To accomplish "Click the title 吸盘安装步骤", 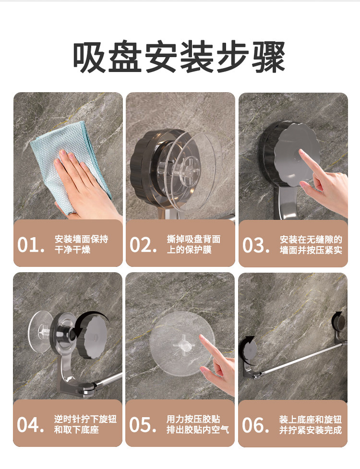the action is click(x=180, y=57).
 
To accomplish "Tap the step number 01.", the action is click(x=31, y=245).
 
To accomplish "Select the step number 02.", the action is click(x=143, y=245).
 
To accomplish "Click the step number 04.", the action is click(x=31, y=425).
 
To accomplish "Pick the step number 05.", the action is click(x=143, y=425).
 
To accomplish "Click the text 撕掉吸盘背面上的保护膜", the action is click(x=193, y=244).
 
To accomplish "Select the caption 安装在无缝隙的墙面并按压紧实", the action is click(x=311, y=245).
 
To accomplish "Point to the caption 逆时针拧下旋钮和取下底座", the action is click(x=85, y=424).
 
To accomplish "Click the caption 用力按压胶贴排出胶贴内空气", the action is click(x=198, y=424).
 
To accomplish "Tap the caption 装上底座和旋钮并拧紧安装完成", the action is click(x=311, y=425).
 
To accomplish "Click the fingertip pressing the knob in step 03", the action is click(x=300, y=152).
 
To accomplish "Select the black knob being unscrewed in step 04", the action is click(x=92, y=335).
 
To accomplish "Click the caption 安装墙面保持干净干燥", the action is click(x=81, y=244).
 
